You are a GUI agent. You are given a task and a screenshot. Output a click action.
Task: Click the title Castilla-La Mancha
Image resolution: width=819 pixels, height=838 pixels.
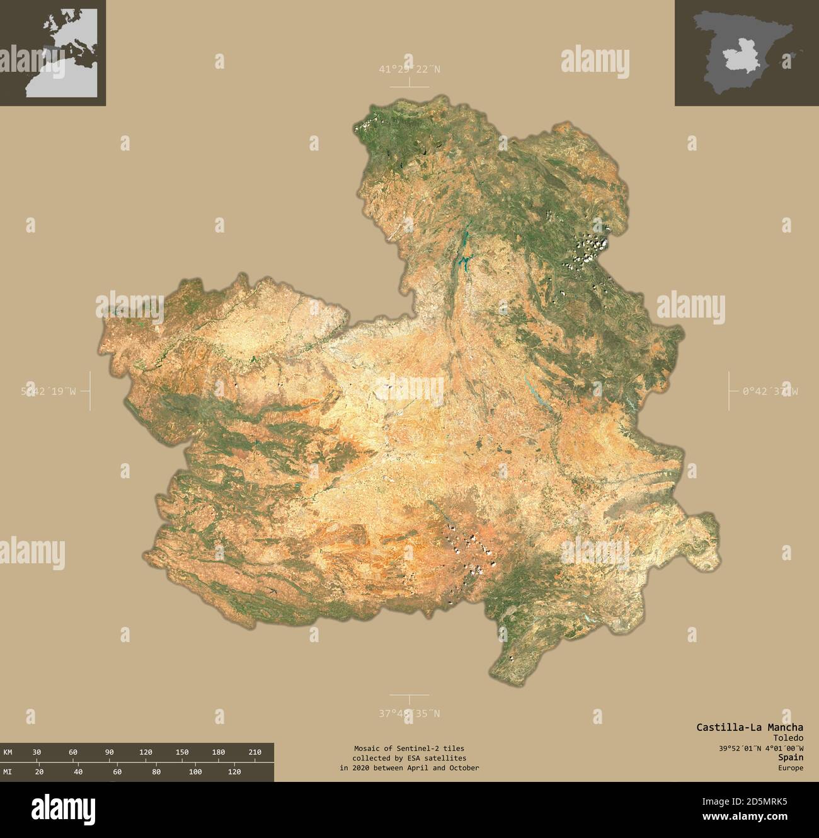[x=750, y=727]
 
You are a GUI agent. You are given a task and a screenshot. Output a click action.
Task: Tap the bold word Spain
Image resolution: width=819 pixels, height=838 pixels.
[x=791, y=758]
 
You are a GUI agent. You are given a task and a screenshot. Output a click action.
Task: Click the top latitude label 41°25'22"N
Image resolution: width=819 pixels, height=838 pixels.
[x=409, y=69]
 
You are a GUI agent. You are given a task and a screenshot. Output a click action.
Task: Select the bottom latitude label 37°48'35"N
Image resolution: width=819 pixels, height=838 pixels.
[x=409, y=713]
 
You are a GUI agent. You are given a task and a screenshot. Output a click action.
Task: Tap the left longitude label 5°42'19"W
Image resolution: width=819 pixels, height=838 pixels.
[x=49, y=391]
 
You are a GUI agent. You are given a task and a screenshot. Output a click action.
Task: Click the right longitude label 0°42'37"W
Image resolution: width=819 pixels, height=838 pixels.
[x=770, y=391]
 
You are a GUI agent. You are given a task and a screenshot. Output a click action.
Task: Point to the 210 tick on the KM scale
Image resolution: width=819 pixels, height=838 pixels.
[x=255, y=752]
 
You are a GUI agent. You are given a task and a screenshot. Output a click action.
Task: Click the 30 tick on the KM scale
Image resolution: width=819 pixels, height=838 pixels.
[x=37, y=752]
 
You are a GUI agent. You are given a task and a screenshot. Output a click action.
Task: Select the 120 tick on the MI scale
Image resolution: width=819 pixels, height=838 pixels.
[x=234, y=772]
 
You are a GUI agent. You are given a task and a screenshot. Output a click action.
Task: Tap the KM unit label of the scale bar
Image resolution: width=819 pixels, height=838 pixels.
[x=8, y=752]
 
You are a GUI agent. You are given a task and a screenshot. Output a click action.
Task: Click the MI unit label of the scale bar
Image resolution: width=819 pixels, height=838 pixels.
[x=8, y=772]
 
